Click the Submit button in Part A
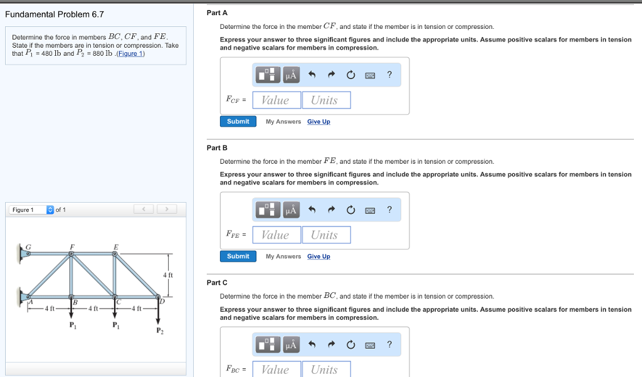pos(238,122)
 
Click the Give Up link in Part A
pos(318,122)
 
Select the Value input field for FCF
pos(275,100)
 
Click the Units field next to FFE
pos(325,235)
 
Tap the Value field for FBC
pos(275,369)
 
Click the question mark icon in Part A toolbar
pos(389,75)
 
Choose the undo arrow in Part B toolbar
pos(312,210)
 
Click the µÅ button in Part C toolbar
pos(291,344)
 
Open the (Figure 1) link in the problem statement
pos(132,53)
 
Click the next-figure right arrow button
pos(167,210)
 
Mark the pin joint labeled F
pos(72,254)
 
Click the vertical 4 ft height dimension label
pos(167,275)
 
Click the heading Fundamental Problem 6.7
pos(55,14)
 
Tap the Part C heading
pos(217,282)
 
